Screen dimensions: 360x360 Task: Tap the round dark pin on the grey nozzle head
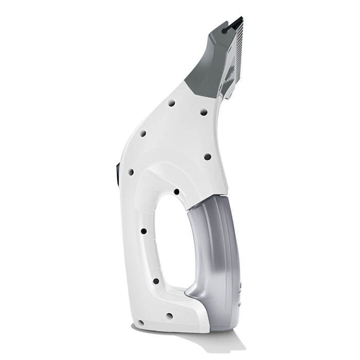pos(225,31)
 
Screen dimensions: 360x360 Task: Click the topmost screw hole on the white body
pos(171,103)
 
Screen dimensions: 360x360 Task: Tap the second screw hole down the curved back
pos(143,134)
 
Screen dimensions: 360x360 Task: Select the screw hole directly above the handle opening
pos(177,192)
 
